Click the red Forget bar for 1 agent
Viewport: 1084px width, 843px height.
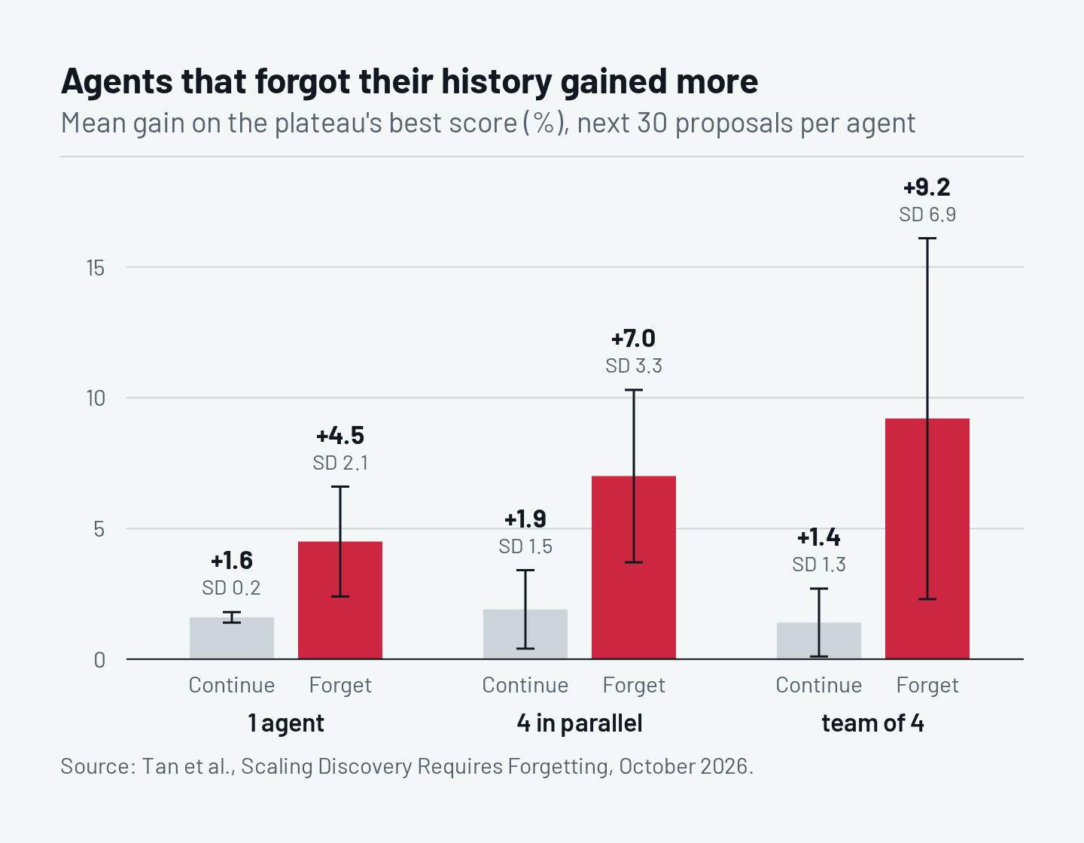click(340, 600)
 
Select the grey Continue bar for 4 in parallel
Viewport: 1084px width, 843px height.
click(525, 634)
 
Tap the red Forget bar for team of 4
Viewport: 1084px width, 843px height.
click(927, 539)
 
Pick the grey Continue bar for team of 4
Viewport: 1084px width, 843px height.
click(818, 641)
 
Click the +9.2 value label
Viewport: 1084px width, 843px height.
click(927, 187)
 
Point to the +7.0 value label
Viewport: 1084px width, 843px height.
click(634, 339)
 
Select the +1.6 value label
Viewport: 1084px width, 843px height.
click(232, 561)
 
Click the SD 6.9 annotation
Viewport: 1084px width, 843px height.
click(927, 215)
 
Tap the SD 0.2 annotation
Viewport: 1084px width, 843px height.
click(231, 588)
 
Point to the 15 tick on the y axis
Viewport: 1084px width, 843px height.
click(96, 269)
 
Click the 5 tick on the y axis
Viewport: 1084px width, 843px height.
click(99, 529)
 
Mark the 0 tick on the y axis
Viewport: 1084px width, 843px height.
click(99, 660)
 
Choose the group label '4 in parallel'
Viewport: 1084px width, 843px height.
click(580, 723)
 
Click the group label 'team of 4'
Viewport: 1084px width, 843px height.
click(873, 723)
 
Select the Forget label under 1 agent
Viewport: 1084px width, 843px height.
click(340, 686)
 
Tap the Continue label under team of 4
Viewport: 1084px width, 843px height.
click(818, 685)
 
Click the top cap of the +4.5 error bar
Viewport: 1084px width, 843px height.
click(340, 487)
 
